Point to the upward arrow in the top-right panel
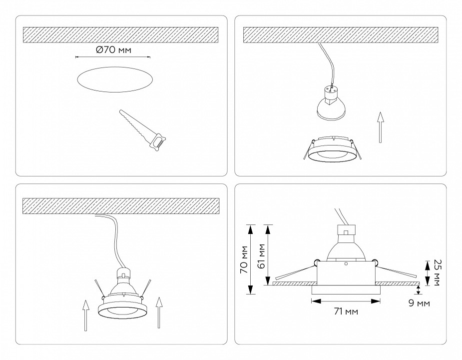381,127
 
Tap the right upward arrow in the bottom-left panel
159,313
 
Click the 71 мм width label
345,311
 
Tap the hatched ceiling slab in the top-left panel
121,34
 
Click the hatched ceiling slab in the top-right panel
341,34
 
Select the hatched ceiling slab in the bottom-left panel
121,206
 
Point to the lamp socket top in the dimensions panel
345,230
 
